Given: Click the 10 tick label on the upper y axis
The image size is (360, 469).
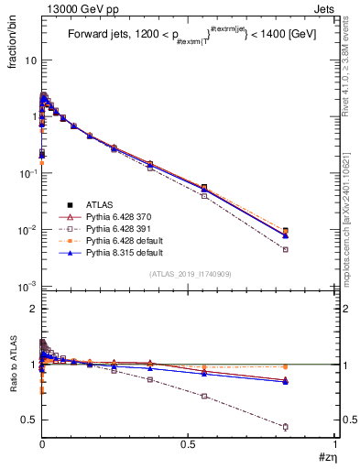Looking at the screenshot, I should point(30,60).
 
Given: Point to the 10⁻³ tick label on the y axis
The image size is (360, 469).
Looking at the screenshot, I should point(27,287).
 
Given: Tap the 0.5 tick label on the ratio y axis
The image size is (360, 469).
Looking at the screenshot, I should point(29,420).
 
